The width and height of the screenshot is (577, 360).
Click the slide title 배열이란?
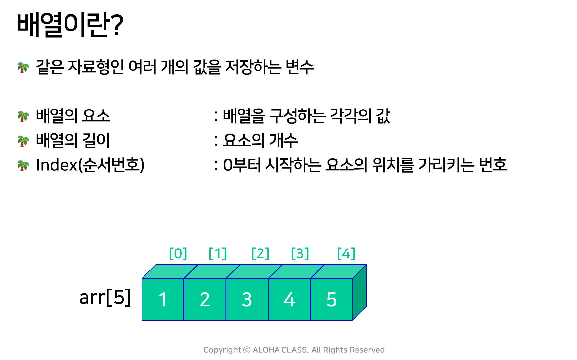point(70,25)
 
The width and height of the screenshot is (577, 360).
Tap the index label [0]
point(178,253)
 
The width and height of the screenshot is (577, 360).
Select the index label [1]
point(218,253)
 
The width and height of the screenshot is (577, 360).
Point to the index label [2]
point(260,253)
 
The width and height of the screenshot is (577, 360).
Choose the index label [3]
point(300,253)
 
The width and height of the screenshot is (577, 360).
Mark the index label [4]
point(346,253)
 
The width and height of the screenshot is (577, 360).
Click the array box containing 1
point(163,299)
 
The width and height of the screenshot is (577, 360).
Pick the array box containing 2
point(205,299)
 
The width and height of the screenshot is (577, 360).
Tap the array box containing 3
point(247,299)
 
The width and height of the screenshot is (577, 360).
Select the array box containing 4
point(289,299)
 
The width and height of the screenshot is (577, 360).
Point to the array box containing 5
point(332,299)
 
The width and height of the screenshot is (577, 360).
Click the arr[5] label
point(105,297)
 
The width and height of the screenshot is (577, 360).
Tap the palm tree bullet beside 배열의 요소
point(23,116)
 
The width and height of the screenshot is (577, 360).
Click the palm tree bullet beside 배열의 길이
point(23,141)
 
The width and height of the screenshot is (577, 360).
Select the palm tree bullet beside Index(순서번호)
point(23,165)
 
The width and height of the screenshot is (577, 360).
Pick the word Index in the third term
point(57,165)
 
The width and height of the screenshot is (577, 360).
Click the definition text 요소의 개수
point(260,140)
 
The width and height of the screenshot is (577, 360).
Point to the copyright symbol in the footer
point(247,350)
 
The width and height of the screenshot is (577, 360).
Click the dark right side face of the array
point(359,292)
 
